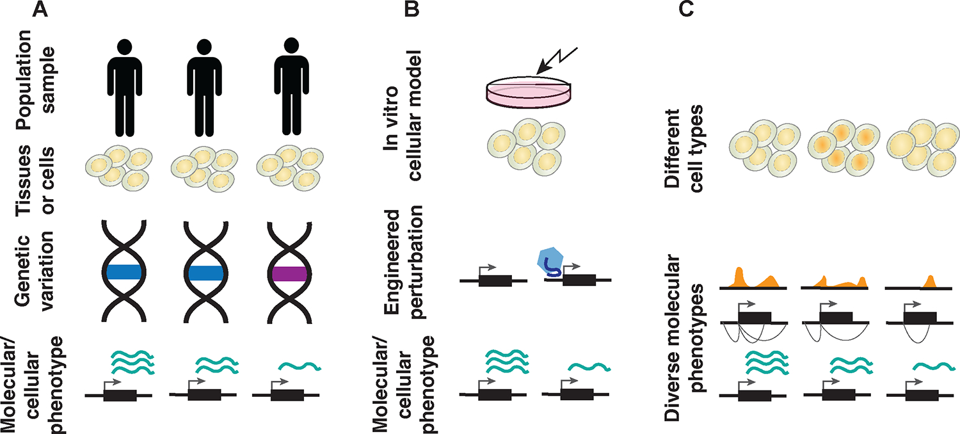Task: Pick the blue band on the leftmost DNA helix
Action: pos(124,272)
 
